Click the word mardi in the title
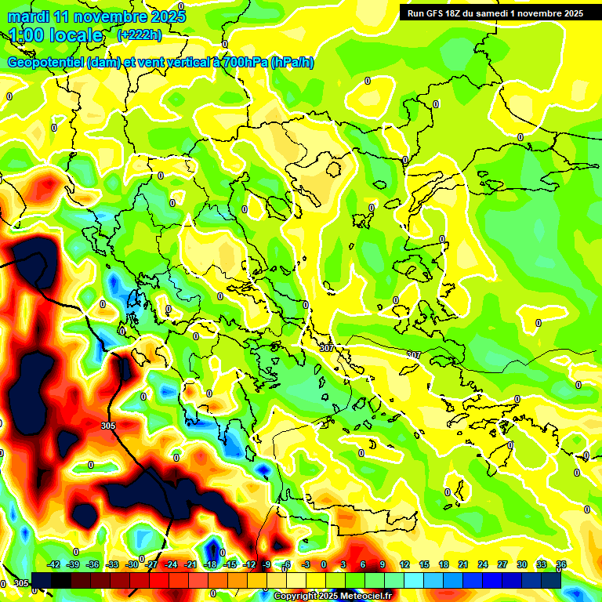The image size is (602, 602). pos(27,16)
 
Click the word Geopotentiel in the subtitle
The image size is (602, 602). pos(46,63)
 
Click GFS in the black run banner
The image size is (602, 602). pos(441,13)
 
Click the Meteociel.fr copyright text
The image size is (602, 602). pos(332,597)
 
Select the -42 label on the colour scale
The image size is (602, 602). pos(53,564)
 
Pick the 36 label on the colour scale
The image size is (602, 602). pos(560,564)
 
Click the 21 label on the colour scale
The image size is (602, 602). pos(462,564)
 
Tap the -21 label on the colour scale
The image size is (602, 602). pos(190,564)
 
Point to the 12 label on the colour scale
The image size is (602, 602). pos(404,564)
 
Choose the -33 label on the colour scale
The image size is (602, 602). pos(112,564)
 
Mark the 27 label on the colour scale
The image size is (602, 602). pos(502,564)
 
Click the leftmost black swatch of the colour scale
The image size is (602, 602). pos(42,580)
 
